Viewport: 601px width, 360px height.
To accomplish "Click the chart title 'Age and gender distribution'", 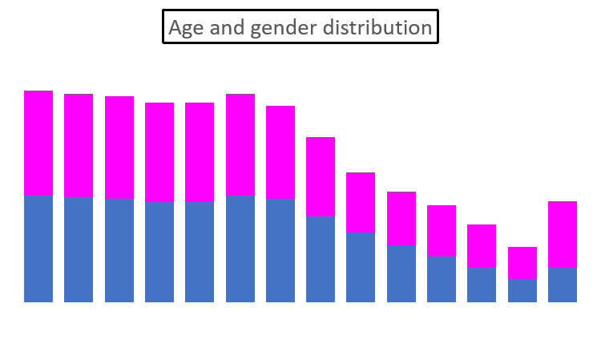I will click(x=300, y=27).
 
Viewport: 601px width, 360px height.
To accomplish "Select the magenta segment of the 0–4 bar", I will click(x=38, y=143).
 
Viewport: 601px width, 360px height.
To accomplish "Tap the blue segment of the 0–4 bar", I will click(x=38, y=249).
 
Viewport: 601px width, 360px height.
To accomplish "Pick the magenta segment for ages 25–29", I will click(x=240, y=144).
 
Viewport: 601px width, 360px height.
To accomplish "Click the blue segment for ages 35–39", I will click(x=321, y=259).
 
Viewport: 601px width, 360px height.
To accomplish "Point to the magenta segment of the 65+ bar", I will click(x=562, y=234).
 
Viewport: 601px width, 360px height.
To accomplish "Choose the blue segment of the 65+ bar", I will click(x=562, y=285).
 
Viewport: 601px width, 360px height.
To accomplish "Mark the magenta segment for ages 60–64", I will click(x=522, y=263).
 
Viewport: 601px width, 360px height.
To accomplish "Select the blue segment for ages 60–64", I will click(x=522, y=290).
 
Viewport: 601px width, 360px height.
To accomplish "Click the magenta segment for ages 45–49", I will click(x=401, y=218).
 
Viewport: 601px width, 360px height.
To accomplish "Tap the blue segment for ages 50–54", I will click(x=442, y=279).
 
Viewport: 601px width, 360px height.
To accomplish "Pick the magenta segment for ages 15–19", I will click(x=159, y=152).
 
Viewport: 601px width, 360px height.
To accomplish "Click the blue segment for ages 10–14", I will click(x=119, y=250).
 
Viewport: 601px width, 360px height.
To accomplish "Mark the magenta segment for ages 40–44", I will click(x=361, y=202).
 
